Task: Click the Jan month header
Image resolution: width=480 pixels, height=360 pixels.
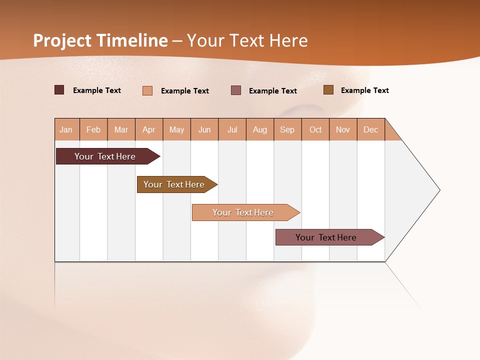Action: pos(66,129)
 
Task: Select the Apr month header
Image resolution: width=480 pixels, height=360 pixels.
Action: pos(149,129)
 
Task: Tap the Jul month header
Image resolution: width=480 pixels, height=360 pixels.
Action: pos(232,129)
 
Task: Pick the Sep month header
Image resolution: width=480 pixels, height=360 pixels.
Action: pos(287,129)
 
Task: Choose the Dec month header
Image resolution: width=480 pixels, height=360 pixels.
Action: pos(370,129)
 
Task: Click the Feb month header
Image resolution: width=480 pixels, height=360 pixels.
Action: pos(93,129)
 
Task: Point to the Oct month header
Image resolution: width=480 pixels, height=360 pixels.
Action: pos(315,129)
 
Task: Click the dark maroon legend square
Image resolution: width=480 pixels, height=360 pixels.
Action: pos(59,90)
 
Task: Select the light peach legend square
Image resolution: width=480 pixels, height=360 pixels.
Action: pos(147,90)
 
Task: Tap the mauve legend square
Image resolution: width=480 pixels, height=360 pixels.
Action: pos(236,90)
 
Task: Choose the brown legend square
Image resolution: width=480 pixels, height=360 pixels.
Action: pos(328,90)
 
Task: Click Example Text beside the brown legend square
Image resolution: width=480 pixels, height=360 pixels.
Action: pos(364,90)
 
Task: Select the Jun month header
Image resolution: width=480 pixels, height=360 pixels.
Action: pos(204,129)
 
